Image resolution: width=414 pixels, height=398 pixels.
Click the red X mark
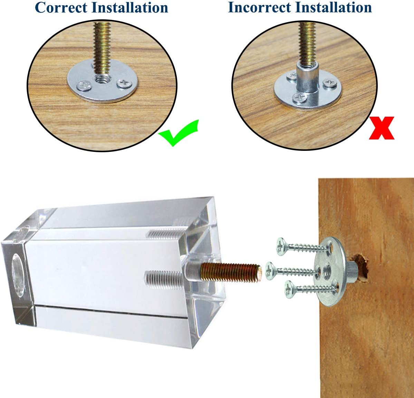[x=381, y=128]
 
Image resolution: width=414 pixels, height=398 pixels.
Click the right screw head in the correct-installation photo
[x=123, y=83]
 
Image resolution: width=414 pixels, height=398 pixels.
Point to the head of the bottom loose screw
[x=289, y=289]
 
